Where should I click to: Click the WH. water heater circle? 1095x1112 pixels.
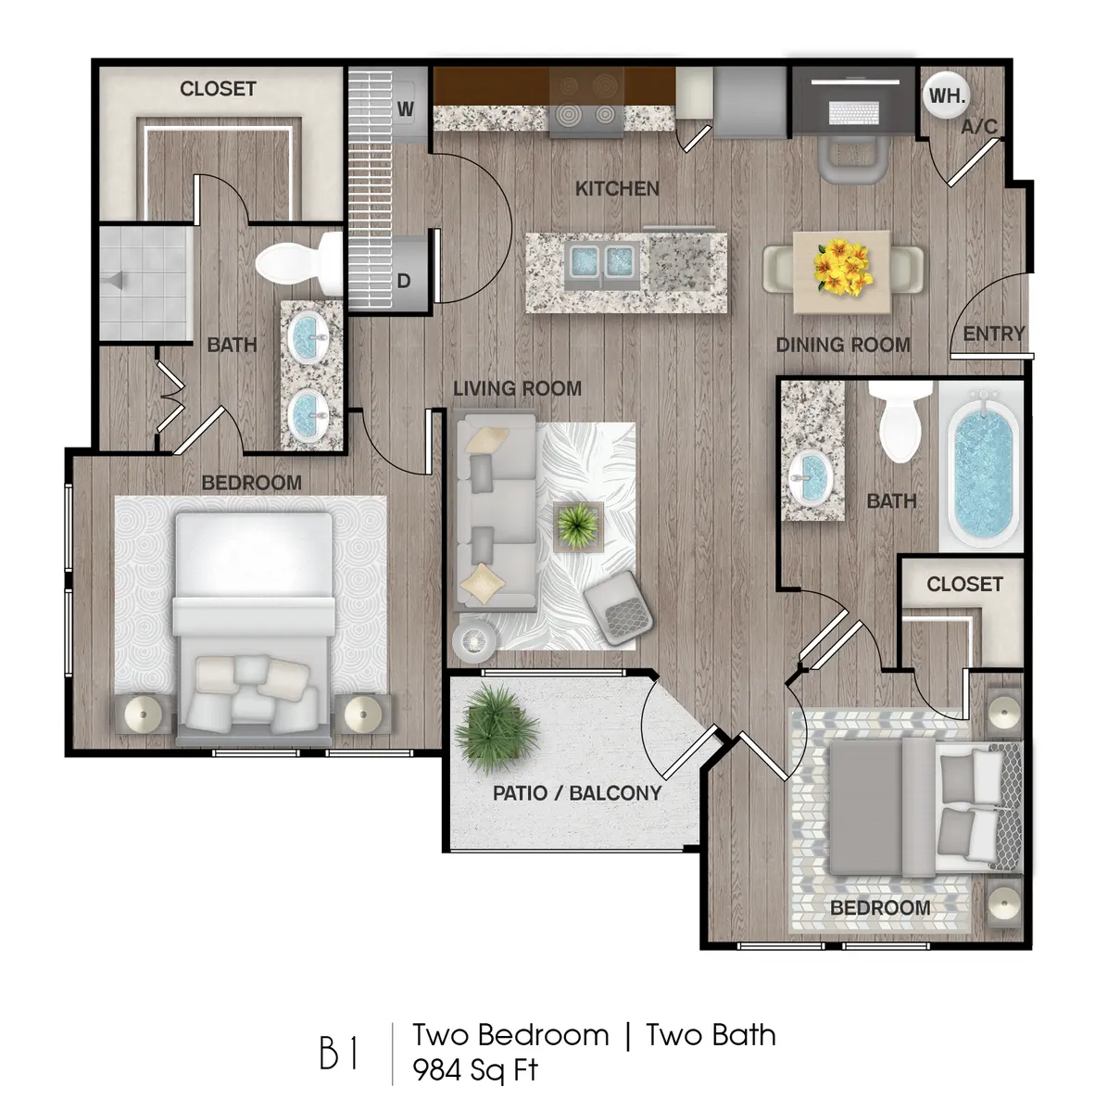(x=947, y=95)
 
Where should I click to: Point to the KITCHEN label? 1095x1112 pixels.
(x=617, y=189)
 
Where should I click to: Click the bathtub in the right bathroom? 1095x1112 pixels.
(x=981, y=477)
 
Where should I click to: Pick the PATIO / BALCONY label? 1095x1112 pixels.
(x=577, y=793)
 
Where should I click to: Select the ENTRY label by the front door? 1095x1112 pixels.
(x=993, y=334)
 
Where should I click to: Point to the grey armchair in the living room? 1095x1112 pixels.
(x=618, y=604)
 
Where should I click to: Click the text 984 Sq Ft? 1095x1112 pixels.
(x=475, y=1070)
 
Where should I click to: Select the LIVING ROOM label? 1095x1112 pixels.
(x=517, y=388)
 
